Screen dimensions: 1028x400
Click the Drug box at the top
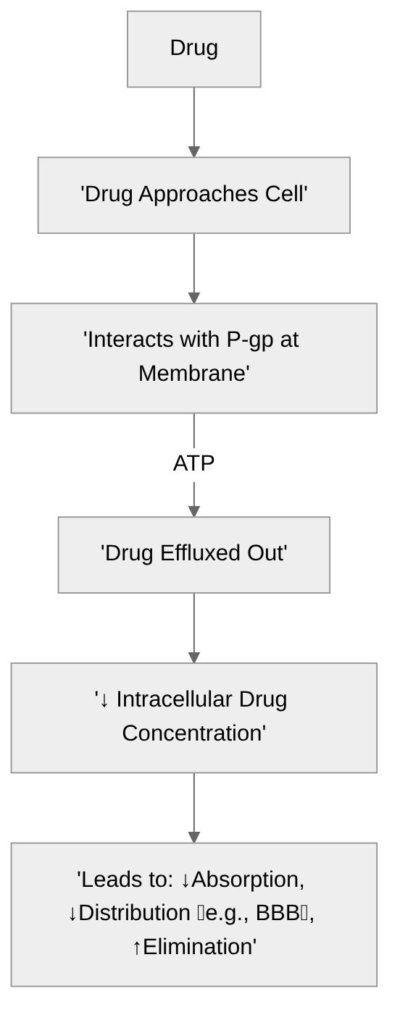coord(193,49)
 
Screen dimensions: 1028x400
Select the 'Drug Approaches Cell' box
coord(193,195)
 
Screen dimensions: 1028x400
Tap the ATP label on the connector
coord(193,463)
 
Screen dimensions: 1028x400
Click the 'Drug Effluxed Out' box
coord(193,555)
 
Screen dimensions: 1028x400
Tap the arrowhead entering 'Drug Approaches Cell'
coord(193,152)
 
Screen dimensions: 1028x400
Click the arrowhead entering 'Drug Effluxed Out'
coord(193,511)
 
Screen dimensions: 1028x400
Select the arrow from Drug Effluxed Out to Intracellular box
coord(193,626)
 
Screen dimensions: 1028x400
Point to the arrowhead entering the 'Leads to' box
coord(193,838)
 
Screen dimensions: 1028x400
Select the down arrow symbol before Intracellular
coord(104,700)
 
